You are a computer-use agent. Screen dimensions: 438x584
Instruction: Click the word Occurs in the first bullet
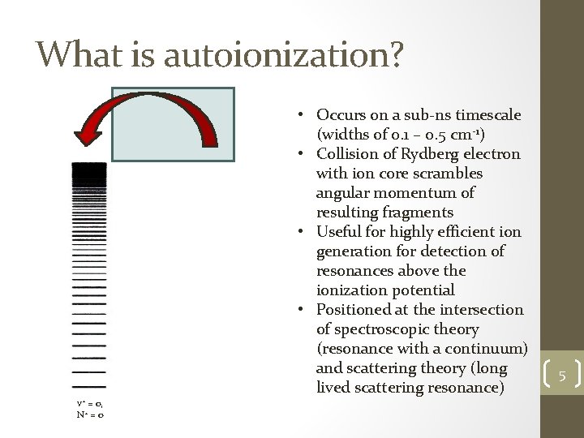click(x=341, y=114)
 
